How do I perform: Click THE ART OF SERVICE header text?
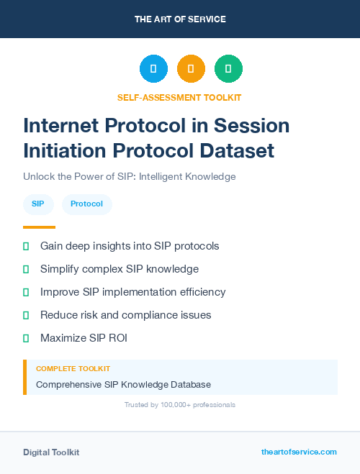(x=180, y=19)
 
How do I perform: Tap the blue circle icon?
(x=153, y=69)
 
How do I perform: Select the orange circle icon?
(x=191, y=69)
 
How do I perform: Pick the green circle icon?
(x=228, y=69)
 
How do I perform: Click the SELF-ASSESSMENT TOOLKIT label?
(x=179, y=97)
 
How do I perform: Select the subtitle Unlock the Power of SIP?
(x=129, y=176)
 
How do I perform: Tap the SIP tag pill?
(x=37, y=204)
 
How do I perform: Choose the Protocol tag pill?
(x=86, y=204)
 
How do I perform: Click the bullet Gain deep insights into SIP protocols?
(x=130, y=246)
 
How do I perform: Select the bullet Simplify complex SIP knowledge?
(x=120, y=269)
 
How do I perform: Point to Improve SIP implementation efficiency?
(x=132, y=292)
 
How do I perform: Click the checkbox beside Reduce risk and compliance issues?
(x=26, y=315)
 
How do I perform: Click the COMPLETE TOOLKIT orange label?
(x=73, y=368)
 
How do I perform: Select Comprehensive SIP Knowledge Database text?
(x=123, y=385)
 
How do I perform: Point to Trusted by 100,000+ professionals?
(x=179, y=405)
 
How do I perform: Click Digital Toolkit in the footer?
(x=51, y=452)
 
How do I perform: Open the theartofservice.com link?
(x=299, y=452)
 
